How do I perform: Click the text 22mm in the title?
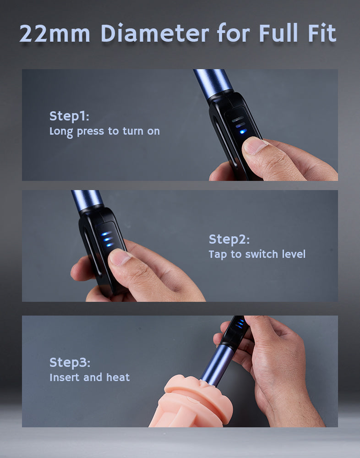55,33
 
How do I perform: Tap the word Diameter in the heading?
155,33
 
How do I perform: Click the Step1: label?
69,116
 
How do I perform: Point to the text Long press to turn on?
104,131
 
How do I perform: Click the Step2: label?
229,239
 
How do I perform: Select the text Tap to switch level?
257,254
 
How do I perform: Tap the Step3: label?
70,362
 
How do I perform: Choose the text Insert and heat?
89,377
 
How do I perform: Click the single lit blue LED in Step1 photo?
243,131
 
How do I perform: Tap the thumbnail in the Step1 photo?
254,146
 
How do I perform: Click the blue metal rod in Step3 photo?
217,365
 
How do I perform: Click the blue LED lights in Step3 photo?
240,324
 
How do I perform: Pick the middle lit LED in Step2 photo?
108,239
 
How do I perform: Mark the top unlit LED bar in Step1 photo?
238,119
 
